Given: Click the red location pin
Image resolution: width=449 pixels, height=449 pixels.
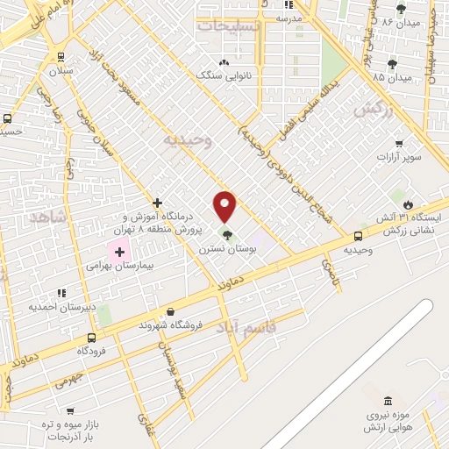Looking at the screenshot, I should (x=225, y=205).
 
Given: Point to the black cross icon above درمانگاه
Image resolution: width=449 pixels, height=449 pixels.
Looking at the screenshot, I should (x=158, y=203).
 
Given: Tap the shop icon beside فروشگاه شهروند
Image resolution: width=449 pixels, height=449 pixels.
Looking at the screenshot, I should (x=169, y=311).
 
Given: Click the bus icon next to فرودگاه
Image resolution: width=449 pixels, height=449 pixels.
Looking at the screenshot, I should (x=92, y=337).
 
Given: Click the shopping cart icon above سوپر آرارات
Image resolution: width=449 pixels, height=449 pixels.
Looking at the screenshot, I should (x=399, y=144).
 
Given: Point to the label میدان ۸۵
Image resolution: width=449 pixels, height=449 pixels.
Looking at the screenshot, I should (x=391, y=78).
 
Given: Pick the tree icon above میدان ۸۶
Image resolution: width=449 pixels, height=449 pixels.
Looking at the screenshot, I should (x=401, y=9).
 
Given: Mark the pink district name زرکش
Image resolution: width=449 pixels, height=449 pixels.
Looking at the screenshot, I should (x=372, y=110).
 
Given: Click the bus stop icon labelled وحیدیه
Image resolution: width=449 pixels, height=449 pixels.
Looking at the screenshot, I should (x=358, y=236).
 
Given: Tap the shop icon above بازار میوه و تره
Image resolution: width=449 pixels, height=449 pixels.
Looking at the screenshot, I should (x=70, y=410).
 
